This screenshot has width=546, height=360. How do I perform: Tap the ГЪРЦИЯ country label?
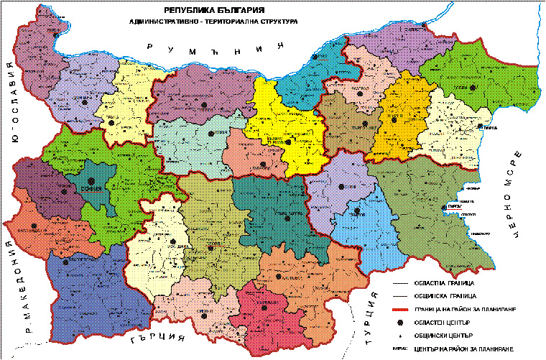click(x=159, y=337)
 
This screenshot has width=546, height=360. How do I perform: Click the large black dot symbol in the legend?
click(x=399, y=320)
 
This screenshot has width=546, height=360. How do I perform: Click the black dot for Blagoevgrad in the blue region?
click(x=66, y=262)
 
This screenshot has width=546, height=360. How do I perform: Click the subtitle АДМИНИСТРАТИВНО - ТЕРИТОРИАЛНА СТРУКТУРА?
click(x=215, y=22)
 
